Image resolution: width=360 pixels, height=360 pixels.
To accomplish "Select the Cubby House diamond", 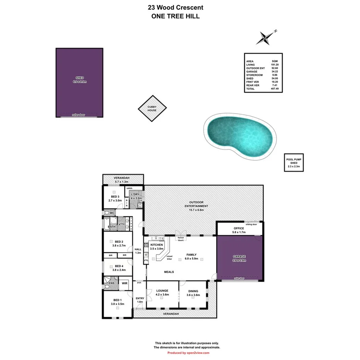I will [x=152, y=109].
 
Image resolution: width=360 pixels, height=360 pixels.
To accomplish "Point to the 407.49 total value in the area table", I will [x=275, y=89].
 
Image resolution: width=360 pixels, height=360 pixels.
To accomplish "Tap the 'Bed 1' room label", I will [x=117, y=300].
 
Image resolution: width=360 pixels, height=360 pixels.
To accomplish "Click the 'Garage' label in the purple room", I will [x=239, y=256].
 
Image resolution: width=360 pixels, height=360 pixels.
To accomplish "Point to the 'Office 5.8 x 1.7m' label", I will [x=239, y=230].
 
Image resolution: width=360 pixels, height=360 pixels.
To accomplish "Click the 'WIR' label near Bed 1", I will [x=124, y=284].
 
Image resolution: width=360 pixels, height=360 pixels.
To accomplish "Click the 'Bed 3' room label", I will [x=115, y=198].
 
